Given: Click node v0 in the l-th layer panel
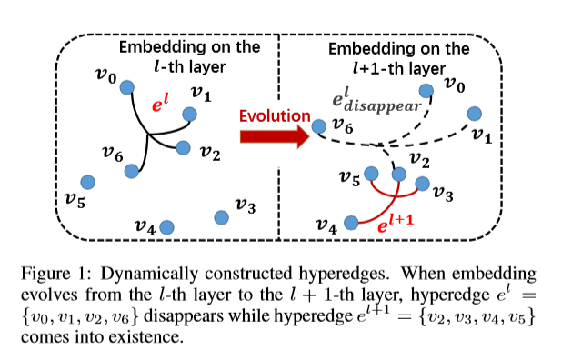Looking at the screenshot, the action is click(128, 87).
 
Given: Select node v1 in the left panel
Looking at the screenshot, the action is click(189, 114).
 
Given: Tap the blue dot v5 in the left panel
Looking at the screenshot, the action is click(87, 182).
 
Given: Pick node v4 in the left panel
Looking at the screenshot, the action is click(167, 225).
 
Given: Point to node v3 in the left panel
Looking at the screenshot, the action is click(221, 216).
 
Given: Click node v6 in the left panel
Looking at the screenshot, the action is click(132, 170).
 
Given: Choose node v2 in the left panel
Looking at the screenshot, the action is click(183, 146).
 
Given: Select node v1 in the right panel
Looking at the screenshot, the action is click(473, 114).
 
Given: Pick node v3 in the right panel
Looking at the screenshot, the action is click(422, 184).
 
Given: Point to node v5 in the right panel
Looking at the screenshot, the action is click(370, 173).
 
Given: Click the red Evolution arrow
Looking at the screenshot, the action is click(273, 136).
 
